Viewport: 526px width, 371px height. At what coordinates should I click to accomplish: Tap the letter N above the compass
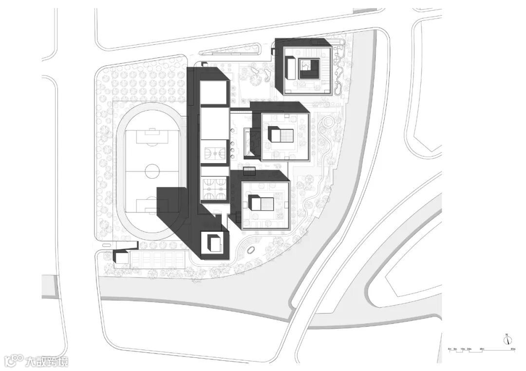(507, 334)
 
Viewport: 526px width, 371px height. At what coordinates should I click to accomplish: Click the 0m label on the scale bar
(450, 349)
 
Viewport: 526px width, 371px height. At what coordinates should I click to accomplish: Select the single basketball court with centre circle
(214, 153)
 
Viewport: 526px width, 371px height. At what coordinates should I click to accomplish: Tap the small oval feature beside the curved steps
(251, 250)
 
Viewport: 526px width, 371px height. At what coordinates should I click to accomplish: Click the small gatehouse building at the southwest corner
(121, 257)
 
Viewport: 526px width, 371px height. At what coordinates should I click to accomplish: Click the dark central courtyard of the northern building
(309, 69)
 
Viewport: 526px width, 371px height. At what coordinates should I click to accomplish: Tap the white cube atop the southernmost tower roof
(214, 242)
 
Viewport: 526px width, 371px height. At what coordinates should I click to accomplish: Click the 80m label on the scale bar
(513, 349)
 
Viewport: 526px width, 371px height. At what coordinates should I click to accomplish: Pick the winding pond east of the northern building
(339, 73)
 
